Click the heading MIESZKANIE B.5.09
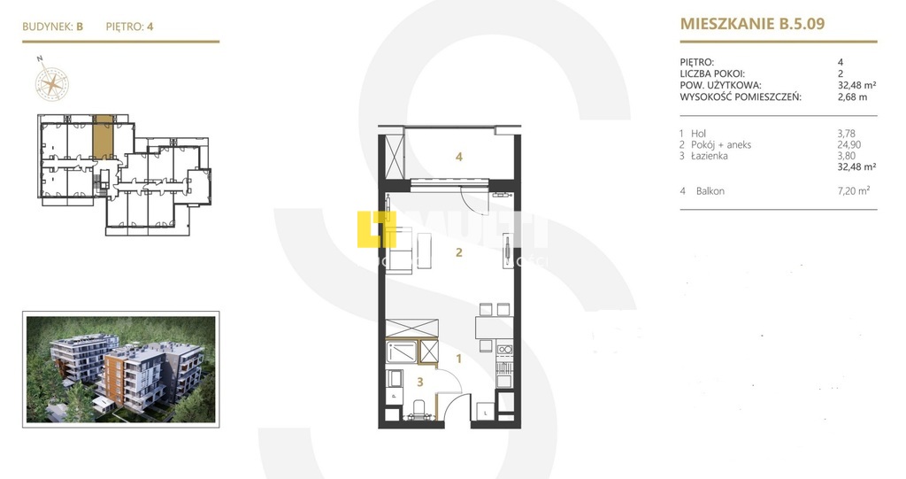(x=752, y=24)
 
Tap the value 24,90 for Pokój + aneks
(x=848, y=144)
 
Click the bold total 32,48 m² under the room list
(x=857, y=166)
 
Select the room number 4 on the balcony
(x=459, y=158)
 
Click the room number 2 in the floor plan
(x=458, y=252)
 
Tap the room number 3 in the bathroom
(x=420, y=382)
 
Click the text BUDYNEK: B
(x=53, y=27)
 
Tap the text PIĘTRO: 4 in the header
(x=130, y=27)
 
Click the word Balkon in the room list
(x=710, y=190)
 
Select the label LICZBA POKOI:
(x=711, y=73)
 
